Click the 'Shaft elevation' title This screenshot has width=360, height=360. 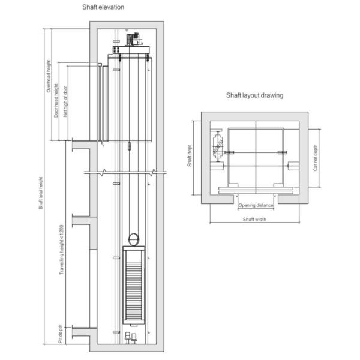pos(103,7)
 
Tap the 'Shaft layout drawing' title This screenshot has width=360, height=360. pos(254,95)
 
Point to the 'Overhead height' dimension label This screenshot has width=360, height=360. pos(49,76)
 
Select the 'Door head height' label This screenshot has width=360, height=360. pos(56,101)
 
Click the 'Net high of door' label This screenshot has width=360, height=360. pos(65,102)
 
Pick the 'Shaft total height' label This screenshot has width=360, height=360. pos(41,193)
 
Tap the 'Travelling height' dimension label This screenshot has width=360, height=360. pos(61,250)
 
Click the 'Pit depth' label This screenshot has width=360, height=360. pos(61,334)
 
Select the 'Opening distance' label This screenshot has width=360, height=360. pos(256,205)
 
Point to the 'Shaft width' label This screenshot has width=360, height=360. pos(254,219)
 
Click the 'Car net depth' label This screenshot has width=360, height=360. pos(315,157)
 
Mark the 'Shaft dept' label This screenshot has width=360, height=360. pos(190,156)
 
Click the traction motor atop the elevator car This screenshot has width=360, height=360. pos(133,40)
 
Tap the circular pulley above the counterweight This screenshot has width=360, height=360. pos(134,239)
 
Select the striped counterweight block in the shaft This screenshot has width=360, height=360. pos(134,285)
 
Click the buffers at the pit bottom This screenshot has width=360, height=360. pos(131,338)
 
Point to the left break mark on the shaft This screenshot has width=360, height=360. pos(104,172)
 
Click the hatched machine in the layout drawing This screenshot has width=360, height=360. pos(218,146)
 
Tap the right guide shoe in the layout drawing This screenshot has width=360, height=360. pos(283,152)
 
